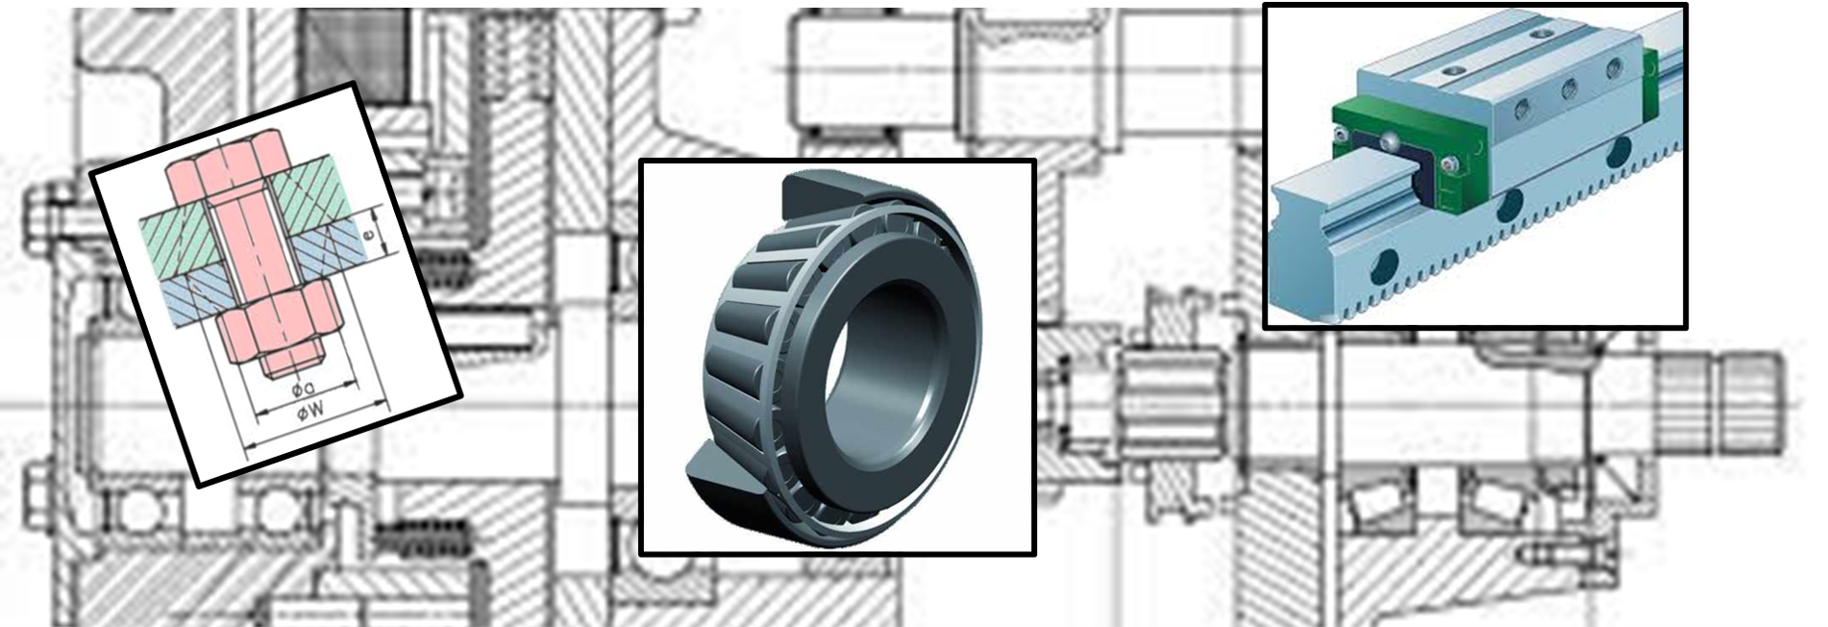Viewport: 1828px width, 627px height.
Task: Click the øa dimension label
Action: coord(301,389)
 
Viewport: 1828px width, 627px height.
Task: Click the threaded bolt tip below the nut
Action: coord(292,362)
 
